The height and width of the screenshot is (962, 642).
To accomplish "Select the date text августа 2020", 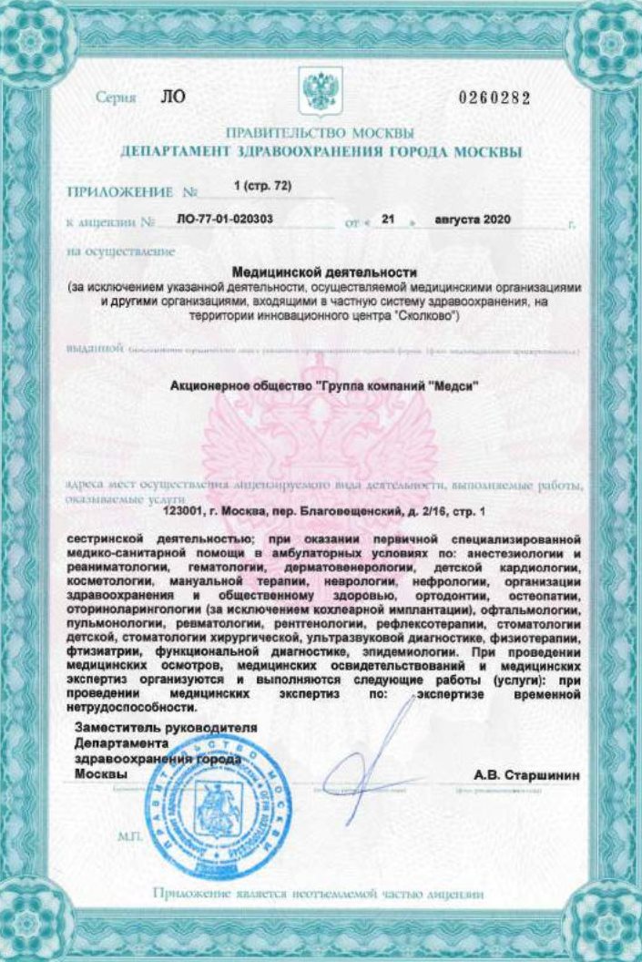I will [474, 220].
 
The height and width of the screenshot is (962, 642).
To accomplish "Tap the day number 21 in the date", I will [388, 220].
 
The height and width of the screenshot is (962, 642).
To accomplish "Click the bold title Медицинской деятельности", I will [324, 271].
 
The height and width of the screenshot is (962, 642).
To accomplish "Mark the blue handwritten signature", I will [373, 756].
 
